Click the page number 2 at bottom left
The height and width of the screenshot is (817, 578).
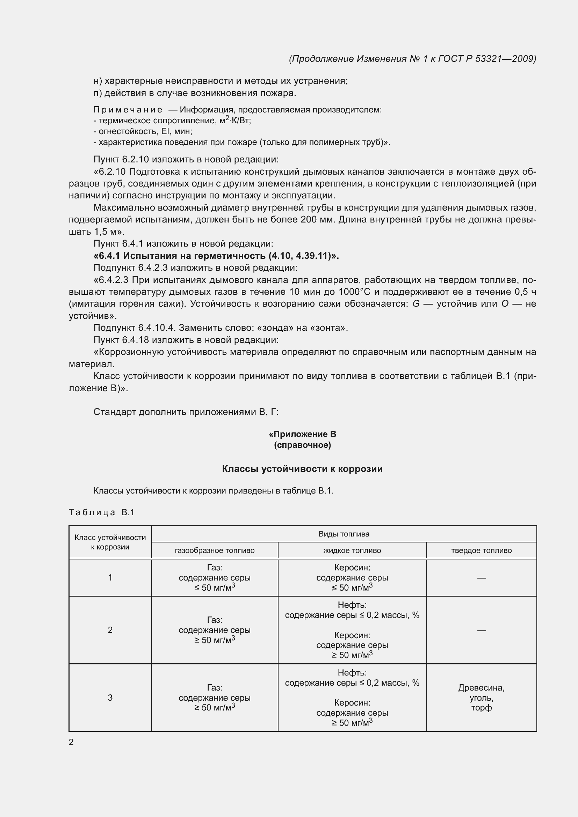pos(71,742)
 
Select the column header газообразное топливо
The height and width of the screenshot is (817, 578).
pos(215,550)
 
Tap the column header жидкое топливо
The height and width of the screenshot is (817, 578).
pos(352,550)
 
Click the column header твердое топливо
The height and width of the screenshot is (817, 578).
pos(481,550)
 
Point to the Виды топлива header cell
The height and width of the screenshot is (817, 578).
pos(344,534)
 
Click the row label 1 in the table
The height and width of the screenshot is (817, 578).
pos(110,577)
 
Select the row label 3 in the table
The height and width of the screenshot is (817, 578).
pos(110,698)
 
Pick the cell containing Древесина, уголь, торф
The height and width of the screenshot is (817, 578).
pos(481,698)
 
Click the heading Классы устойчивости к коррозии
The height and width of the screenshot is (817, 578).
pos(302,469)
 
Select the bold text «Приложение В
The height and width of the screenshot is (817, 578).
pos(302,434)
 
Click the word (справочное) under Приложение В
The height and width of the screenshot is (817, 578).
pos(302,445)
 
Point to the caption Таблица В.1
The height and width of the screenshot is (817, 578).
pos(101,512)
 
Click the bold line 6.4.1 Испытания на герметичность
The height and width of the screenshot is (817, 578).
pos(216,255)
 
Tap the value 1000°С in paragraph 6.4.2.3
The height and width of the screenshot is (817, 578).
pos(354,292)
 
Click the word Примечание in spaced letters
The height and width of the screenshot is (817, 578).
pos(128,110)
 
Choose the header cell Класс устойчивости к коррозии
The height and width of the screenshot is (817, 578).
pos(110,542)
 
